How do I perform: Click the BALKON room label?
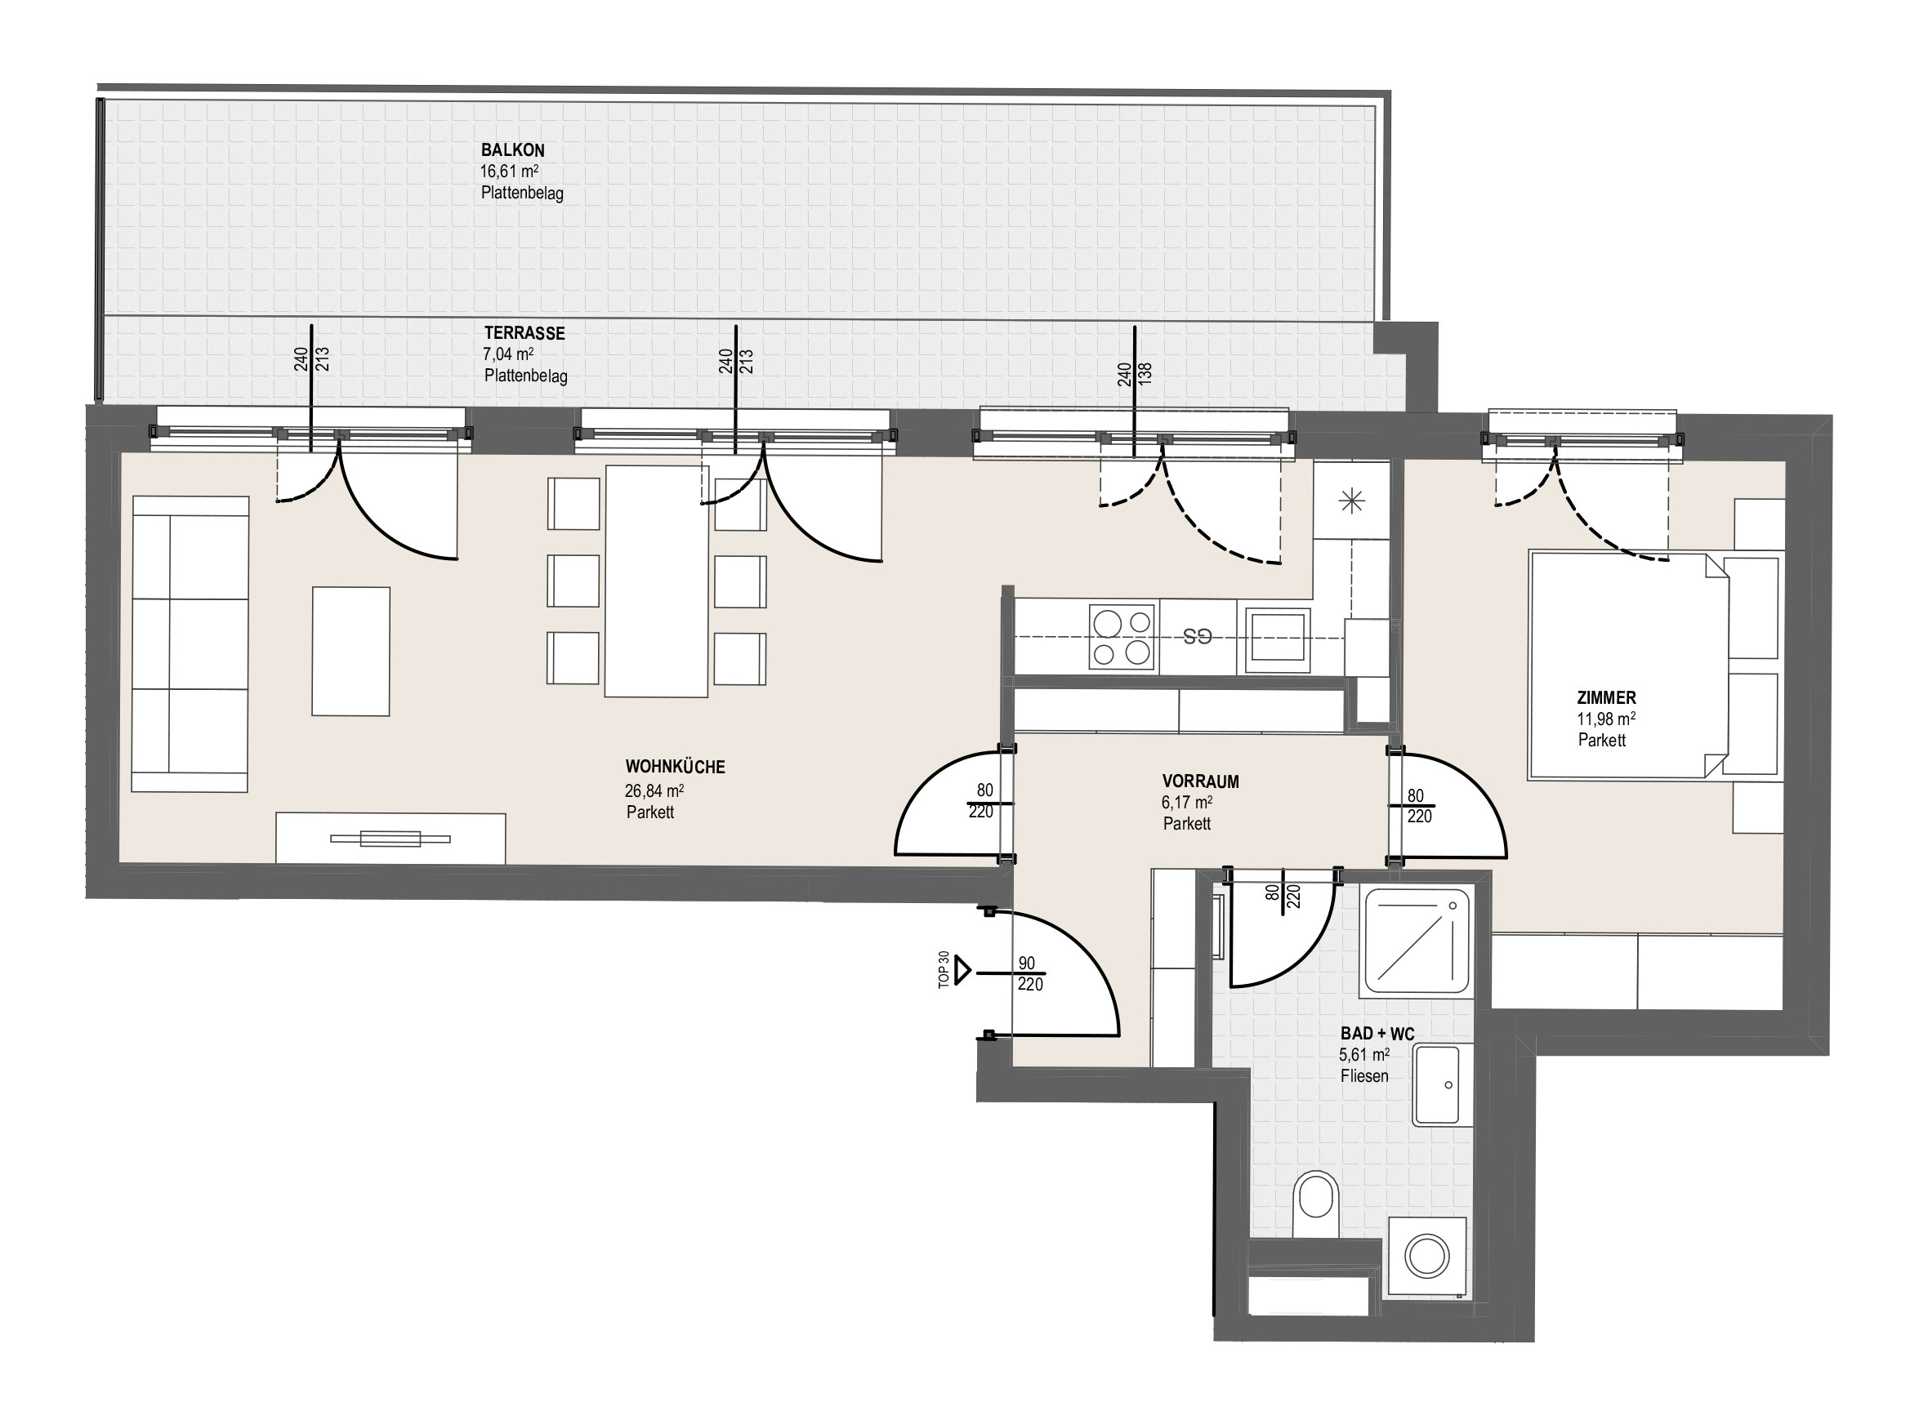pyautogui.click(x=513, y=150)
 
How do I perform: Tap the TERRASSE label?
pyautogui.click(x=524, y=333)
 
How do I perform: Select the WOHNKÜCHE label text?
pyautogui.click(x=675, y=767)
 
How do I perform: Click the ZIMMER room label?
pyautogui.click(x=1606, y=698)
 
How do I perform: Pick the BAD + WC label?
pyautogui.click(x=1377, y=1035)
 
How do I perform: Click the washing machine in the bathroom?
pyautogui.click(x=1430, y=1258)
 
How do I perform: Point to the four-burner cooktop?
pyautogui.click(x=1122, y=637)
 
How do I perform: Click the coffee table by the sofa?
pyautogui.click(x=350, y=651)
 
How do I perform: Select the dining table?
pyautogui.click(x=657, y=581)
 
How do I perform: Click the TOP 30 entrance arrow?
pyautogui.click(x=964, y=970)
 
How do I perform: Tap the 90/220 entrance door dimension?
pyautogui.click(x=1029, y=973)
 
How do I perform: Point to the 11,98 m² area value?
pyautogui.click(x=1606, y=719)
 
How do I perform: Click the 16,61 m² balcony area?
pyautogui.click(x=509, y=171)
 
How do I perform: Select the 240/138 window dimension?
pyautogui.click(x=1135, y=373)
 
